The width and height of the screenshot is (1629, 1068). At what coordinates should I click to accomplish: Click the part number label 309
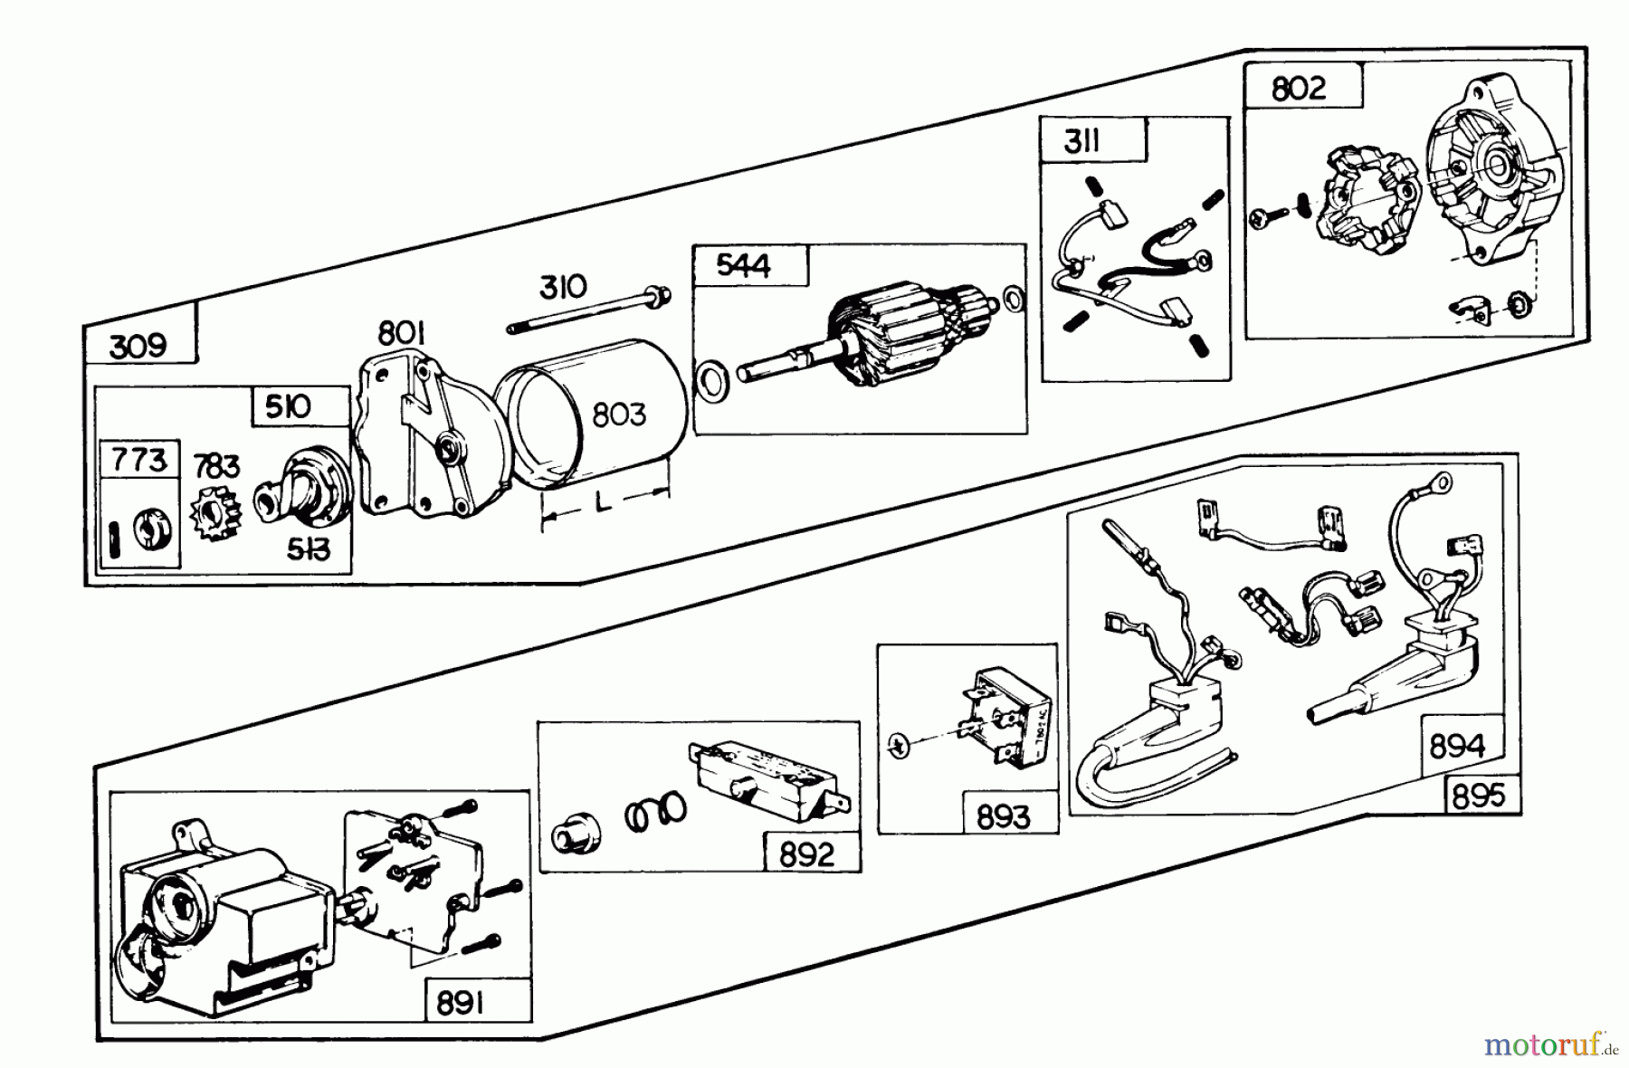[138, 347]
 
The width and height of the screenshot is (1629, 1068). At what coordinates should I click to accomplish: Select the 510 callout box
[288, 406]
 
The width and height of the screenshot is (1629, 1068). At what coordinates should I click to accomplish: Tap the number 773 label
[138, 461]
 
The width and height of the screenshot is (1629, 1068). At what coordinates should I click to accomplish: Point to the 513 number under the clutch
[308, 549]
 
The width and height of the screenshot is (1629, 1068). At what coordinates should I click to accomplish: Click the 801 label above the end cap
[401, 334]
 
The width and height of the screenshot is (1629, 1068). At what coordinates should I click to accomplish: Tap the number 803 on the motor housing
[619, 415]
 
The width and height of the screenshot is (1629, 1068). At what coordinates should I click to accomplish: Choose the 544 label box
[743, 265]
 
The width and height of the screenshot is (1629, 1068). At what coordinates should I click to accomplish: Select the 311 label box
[1081, 141]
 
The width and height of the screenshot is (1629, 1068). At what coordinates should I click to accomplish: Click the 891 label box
[460, 1003]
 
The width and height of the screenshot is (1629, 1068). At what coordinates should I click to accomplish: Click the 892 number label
[806, 854]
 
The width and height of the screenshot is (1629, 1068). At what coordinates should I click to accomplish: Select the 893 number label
[1004, 817]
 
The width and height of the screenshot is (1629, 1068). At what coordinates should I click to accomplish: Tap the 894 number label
[1457, 747]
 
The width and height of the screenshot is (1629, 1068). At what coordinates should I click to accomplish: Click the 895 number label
[1479, 796]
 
